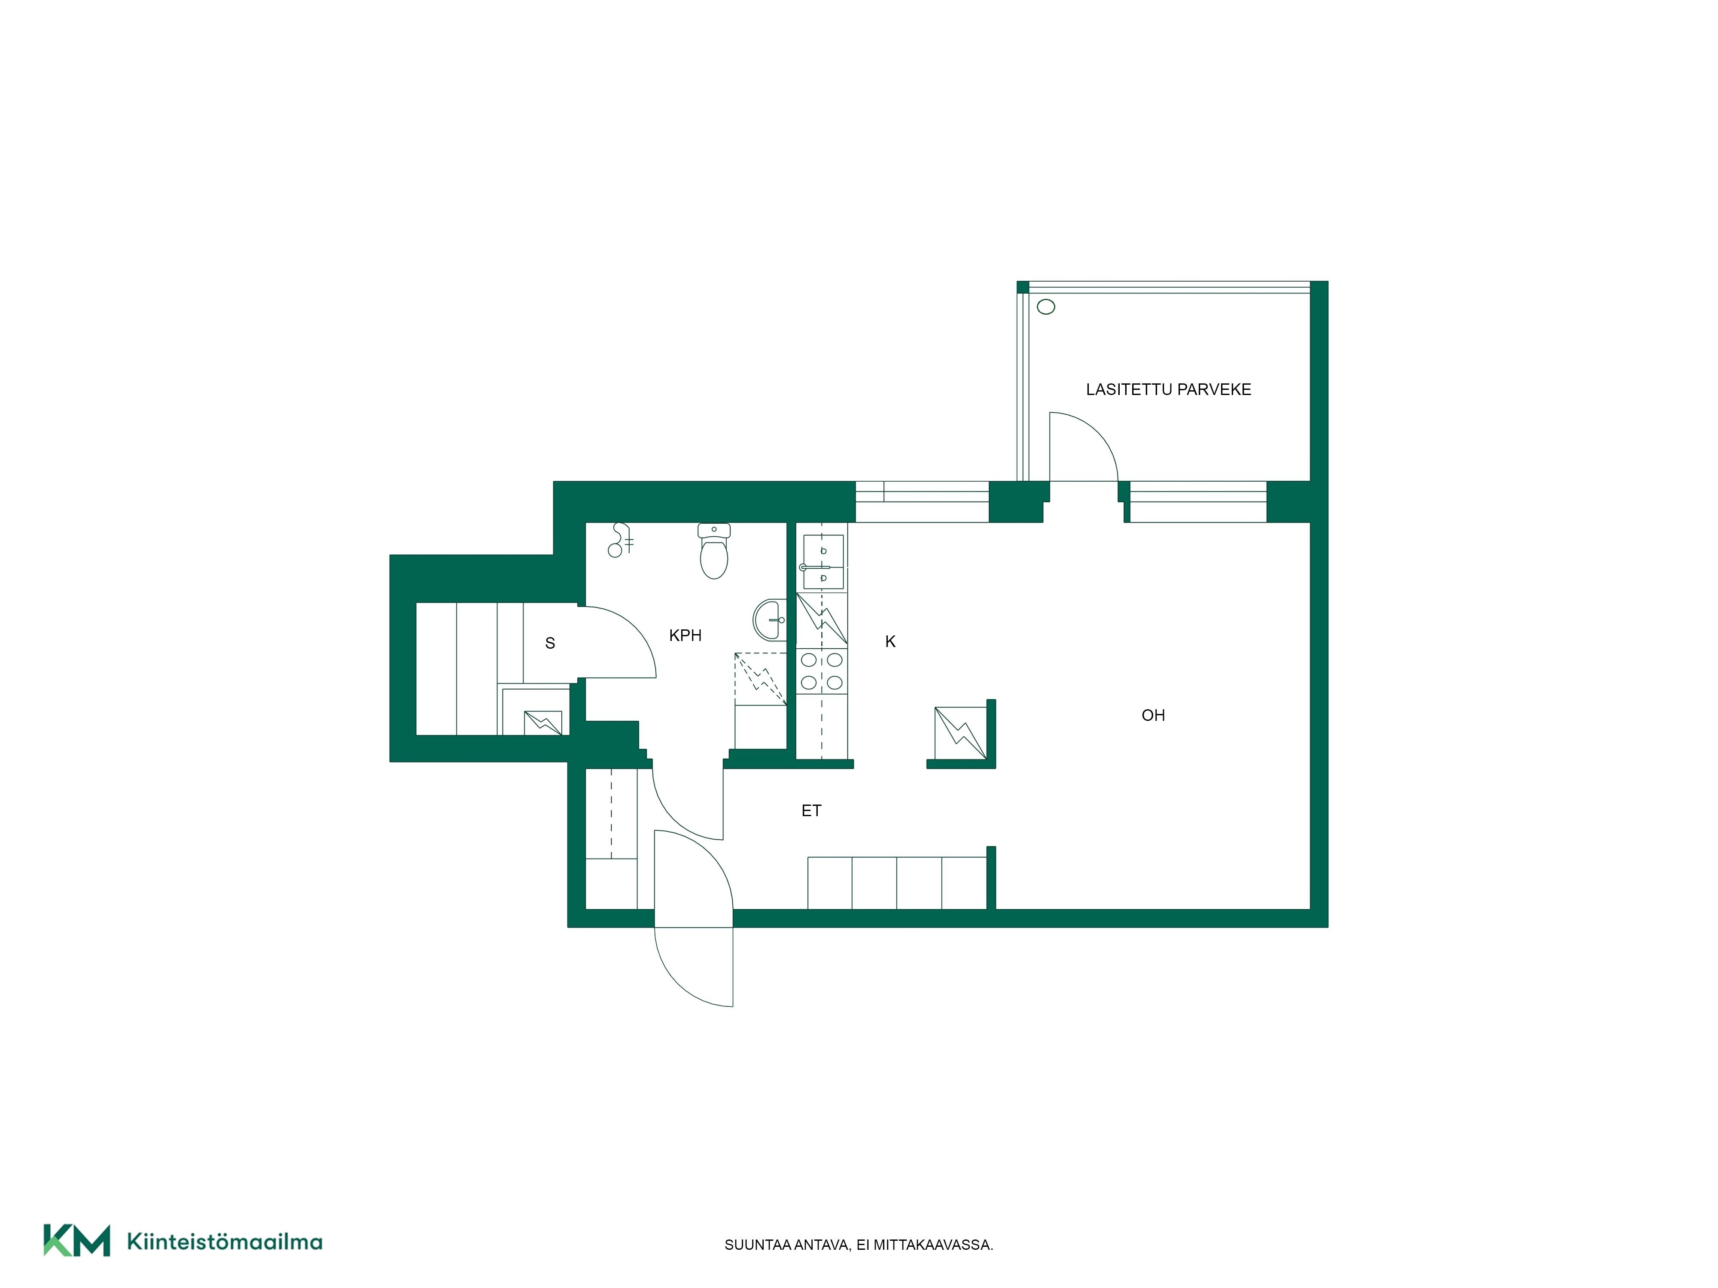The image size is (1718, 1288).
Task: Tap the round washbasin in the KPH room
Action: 770,620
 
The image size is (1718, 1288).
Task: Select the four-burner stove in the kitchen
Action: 822,671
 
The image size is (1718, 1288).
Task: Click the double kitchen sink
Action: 822,561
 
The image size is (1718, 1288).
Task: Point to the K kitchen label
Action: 890,642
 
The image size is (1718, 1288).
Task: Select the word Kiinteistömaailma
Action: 225,1242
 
